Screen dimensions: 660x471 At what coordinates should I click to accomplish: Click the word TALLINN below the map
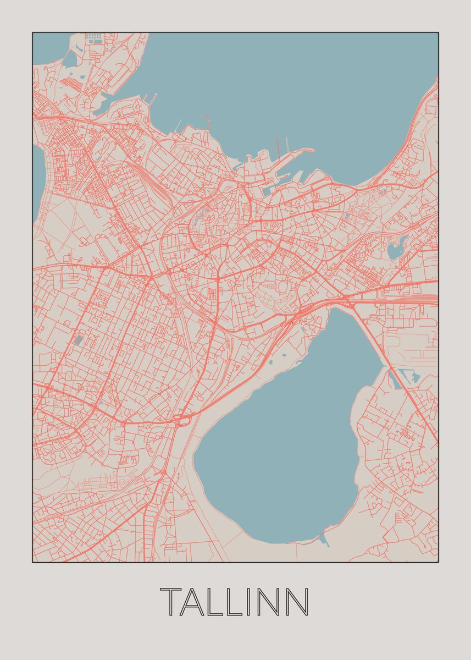pos(235,602)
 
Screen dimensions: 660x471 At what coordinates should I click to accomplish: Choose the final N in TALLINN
pos(297,602)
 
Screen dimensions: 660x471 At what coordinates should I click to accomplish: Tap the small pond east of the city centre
pos(395,251)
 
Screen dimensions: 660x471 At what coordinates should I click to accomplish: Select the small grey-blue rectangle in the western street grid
pos(79,340)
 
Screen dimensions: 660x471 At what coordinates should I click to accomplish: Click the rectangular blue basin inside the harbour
pos(268,191)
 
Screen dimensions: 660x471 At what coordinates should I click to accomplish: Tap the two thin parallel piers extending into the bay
pos(282,146)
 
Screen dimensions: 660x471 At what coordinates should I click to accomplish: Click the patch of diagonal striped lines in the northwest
pos(70,82)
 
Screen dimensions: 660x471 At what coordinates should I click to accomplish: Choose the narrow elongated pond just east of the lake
pos(392,379)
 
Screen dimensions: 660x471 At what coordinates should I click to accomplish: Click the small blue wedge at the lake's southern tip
pos(324,540)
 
